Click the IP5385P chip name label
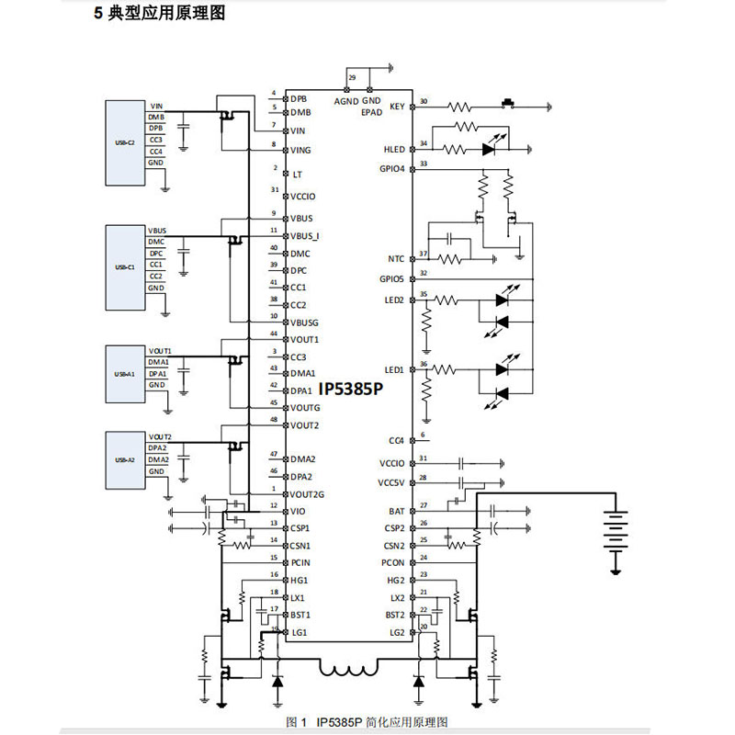[x=349, y=390]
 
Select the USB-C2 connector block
[x=124, y=136]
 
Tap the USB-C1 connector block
[x=124, y=260]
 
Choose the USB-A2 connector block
[x=124, y=453]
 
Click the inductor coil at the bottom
[x=349, y=670]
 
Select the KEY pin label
[x=397, y=107]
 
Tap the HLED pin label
[x=394, y=149]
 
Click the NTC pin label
[x=397, y=259]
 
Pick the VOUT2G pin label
[x=308, y=494]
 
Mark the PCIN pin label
[x=300, y=562]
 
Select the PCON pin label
[x=392, y=562]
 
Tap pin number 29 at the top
[x=352, y=79]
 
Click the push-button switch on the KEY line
[x=506, y=102]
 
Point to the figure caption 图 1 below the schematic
[x=367, y=722]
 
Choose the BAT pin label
[x=397, y=511]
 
